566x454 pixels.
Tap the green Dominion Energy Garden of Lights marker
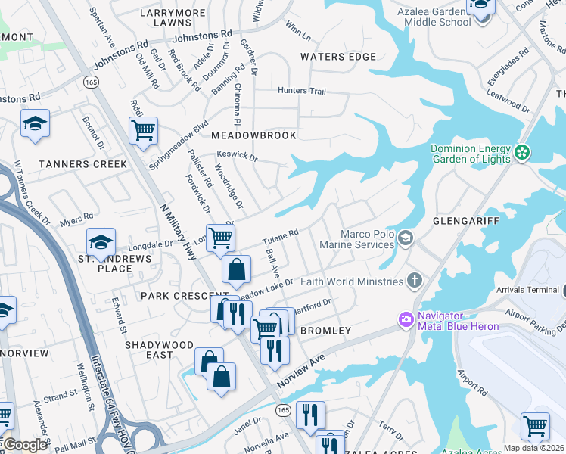[522, 154]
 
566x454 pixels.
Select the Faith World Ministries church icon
[413, 281]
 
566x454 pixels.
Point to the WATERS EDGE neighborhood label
[337, 57]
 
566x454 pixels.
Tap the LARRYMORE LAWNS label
[173, 17]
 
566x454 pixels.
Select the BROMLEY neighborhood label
[325, 331]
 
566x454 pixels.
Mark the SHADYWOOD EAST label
[160, 350]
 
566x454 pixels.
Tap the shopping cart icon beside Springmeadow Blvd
[142, 131]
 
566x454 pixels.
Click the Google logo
[24, 445]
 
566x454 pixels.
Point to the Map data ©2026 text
[533, 448]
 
